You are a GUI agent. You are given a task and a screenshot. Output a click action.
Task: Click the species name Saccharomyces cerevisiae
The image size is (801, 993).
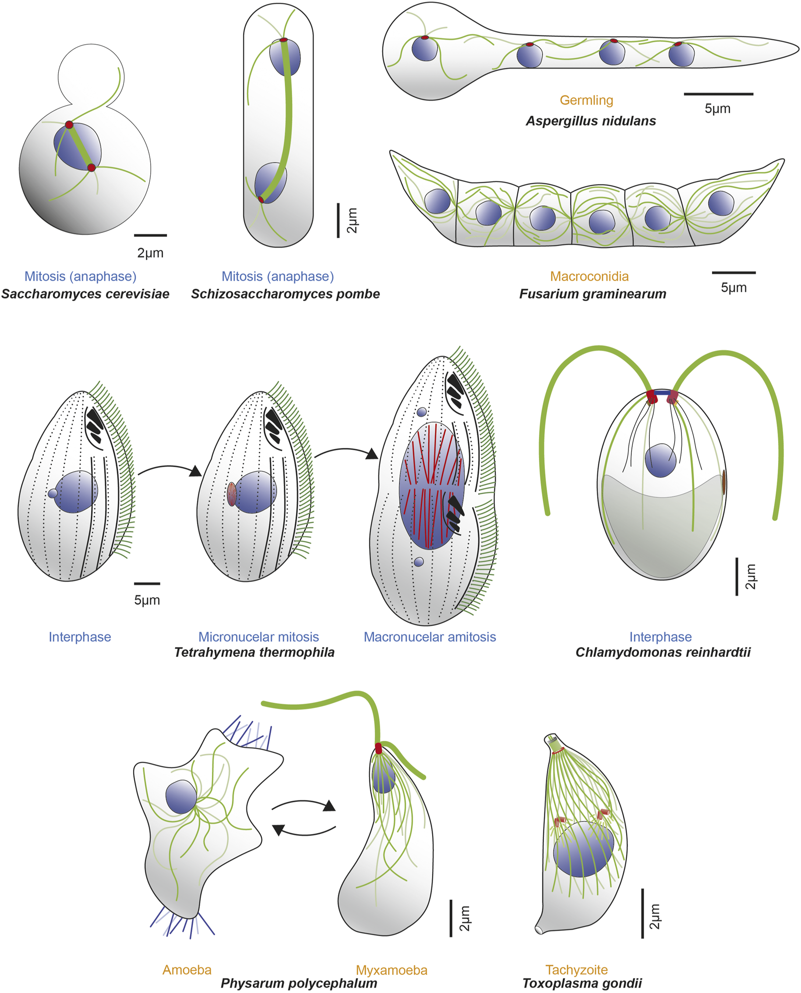[85, 294]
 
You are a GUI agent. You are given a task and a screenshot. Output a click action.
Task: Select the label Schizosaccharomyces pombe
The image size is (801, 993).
[285, 294]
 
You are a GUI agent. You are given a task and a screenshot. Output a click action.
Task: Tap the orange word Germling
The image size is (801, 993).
[586, 100]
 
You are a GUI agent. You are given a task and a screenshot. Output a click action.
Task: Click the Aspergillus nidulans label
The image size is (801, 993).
[591, 121]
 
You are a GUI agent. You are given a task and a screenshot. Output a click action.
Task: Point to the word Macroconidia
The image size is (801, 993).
[589, 276]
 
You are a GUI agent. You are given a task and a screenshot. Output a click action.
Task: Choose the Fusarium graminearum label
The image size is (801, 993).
[592, 294]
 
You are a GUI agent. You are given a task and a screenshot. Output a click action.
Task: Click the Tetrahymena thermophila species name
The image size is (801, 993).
[254, 652]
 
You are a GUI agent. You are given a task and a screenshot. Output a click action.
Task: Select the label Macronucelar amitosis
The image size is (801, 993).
[430, 637]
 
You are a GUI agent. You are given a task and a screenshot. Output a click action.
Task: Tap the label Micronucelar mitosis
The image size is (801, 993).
[259, 637]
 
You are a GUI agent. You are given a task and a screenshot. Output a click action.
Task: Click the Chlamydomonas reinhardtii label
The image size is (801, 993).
[663, 652]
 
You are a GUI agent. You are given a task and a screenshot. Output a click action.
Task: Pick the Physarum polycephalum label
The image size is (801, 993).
[299, 983]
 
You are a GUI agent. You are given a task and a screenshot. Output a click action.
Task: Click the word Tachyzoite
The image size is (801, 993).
[576, 970]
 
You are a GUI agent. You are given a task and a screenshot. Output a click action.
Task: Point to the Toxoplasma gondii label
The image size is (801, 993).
[582, 983]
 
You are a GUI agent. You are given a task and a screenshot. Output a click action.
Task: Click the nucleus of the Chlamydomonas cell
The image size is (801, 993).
[661, 460]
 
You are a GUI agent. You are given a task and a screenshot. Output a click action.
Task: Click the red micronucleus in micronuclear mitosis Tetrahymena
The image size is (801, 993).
[232, 494]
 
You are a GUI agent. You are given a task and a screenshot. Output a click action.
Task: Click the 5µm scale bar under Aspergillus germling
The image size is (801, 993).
[718, 94]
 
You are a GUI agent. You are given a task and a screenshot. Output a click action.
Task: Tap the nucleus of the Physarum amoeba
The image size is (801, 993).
[181, 797]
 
